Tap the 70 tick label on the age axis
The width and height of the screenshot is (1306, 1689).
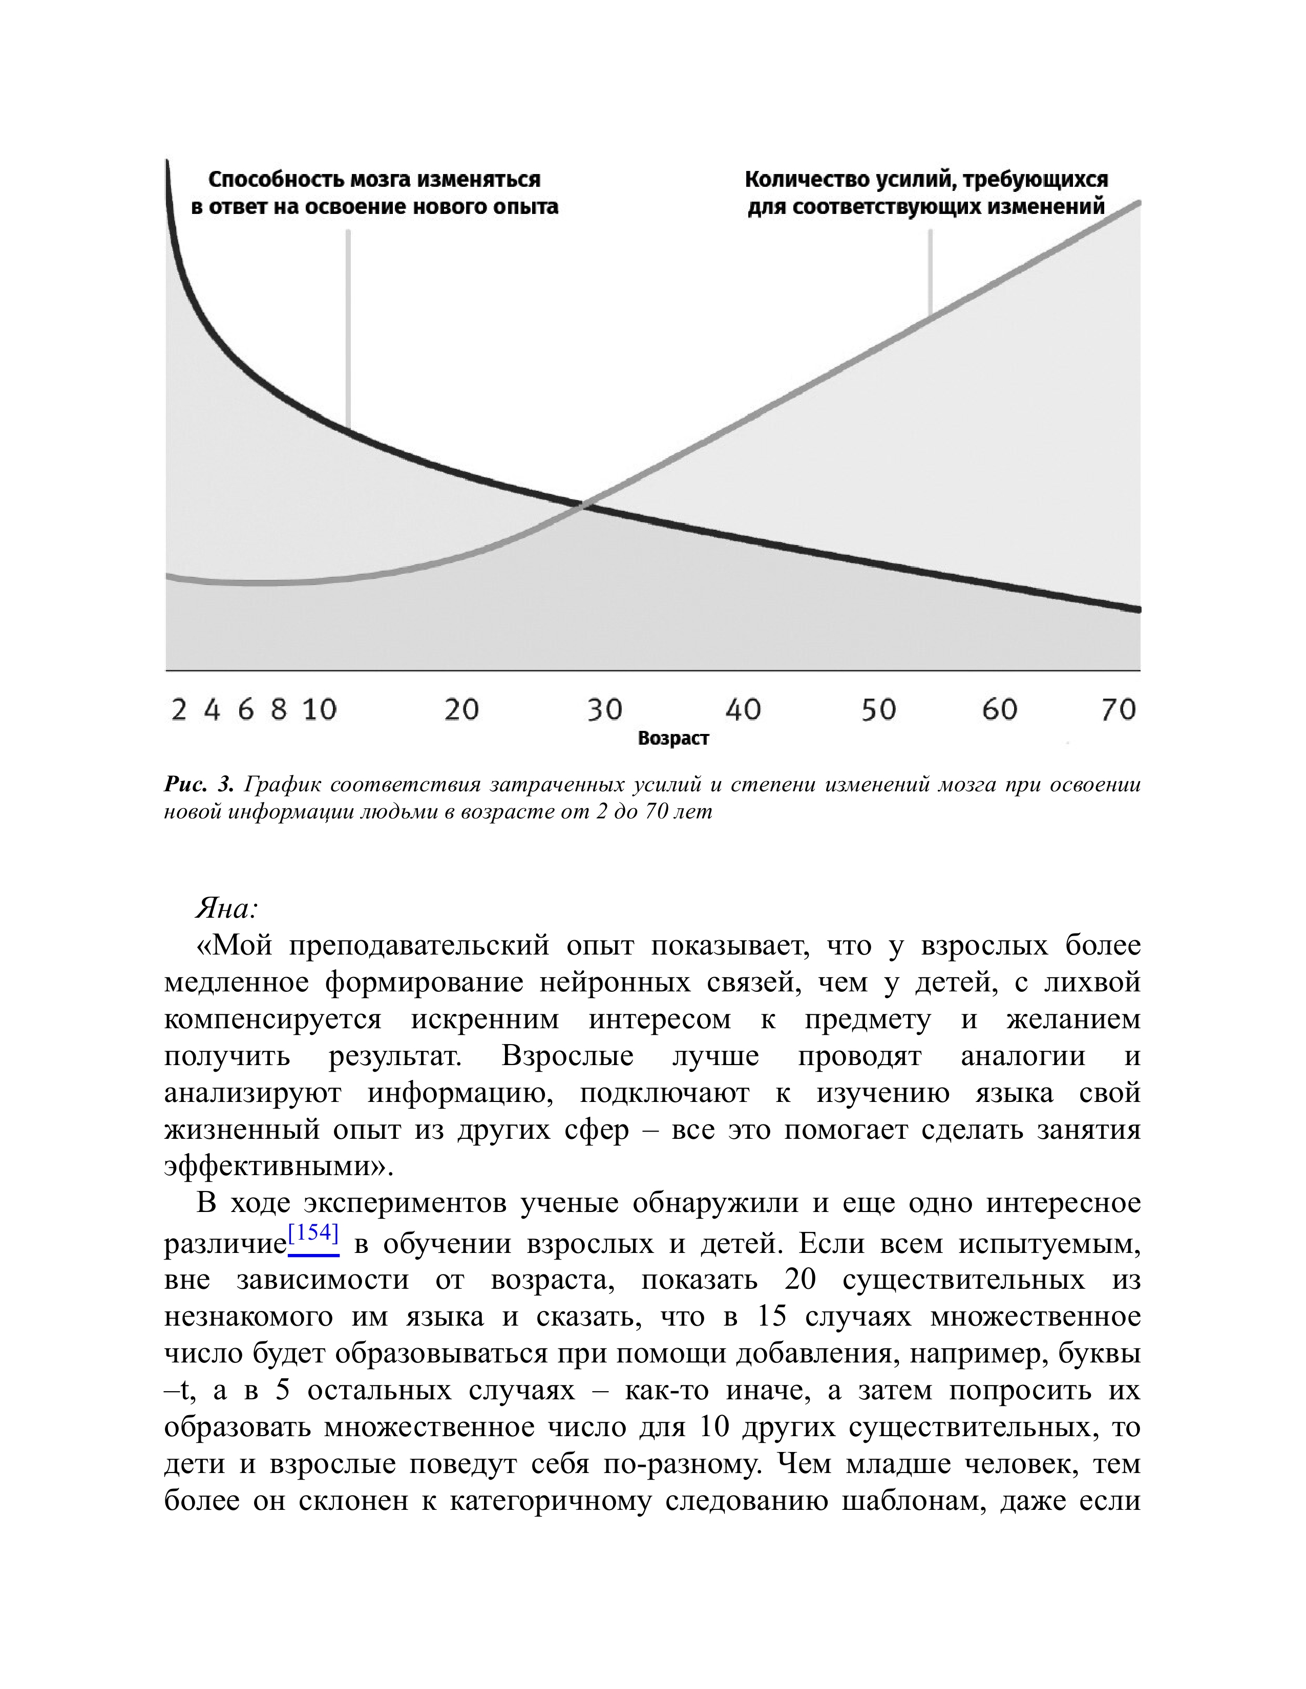coord(1118,709)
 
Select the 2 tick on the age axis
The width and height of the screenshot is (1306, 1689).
coord(179,709)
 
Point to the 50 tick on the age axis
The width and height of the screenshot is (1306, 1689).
coord(878,709)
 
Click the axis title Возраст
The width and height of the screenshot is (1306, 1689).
coord(673,739)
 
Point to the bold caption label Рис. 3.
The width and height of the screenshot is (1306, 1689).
coord(198,785)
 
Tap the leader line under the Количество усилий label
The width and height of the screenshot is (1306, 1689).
coord(930,271)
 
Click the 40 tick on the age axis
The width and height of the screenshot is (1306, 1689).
coord(743,709)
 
